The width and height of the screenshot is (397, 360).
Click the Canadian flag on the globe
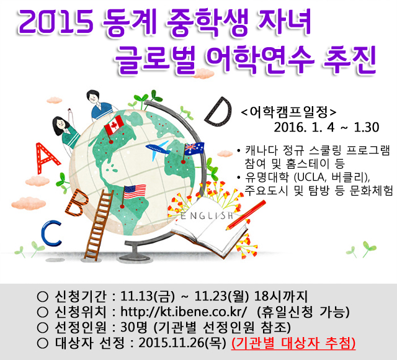click(114, 125)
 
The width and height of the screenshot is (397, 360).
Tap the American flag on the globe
click(135, 192)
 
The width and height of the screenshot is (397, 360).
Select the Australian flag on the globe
click(194, 149)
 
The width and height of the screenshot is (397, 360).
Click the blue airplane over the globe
click(158, 150)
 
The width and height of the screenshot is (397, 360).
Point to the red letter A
click(46, 158)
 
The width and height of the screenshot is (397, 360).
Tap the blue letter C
click(51, 233)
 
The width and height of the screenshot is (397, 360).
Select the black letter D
click(218, 111)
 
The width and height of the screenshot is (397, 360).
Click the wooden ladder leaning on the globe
click(99, 225)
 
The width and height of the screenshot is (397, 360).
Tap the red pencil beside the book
click(246, 215)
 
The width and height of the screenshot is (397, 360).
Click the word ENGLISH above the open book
click(207, 215)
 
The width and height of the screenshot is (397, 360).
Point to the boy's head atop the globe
click(93, 97)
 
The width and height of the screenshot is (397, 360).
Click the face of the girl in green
click(61, 125)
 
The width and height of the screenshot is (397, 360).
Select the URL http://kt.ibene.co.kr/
click(184, 312)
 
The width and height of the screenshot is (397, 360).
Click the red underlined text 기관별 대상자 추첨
click(293, 343)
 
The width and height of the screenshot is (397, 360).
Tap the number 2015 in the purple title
click(56, 22)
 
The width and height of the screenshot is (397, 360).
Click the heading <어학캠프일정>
click(288, 112)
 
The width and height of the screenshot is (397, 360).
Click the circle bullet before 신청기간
click(42, 296)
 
